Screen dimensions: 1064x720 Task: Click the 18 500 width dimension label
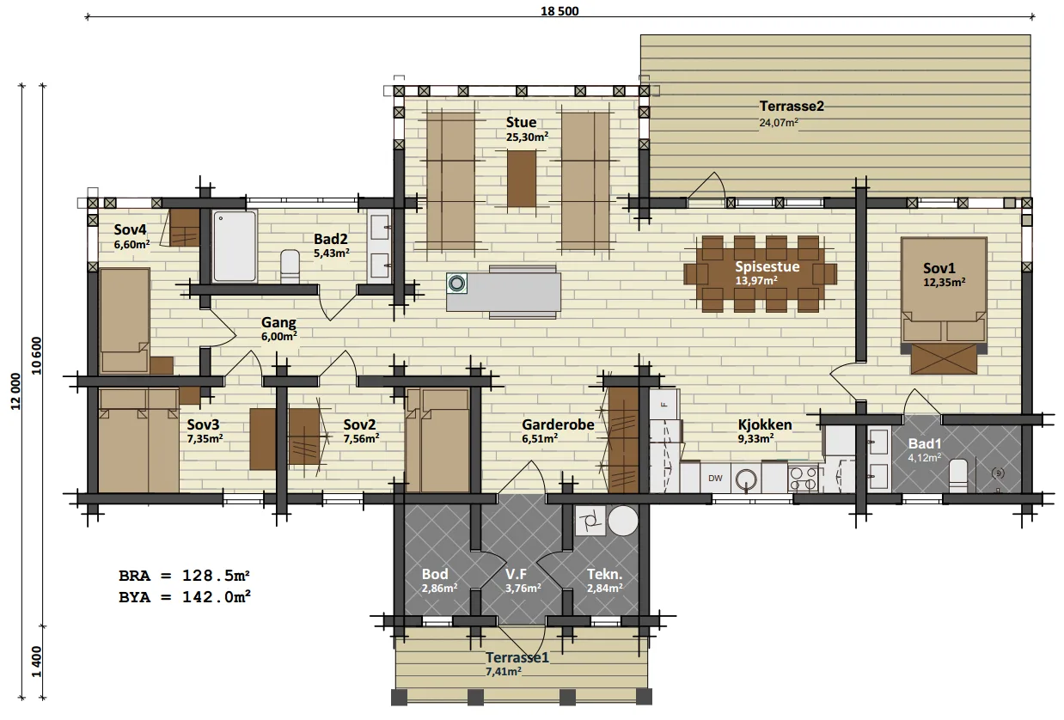pyautogui.click(x=560, y=11)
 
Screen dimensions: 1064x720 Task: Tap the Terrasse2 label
pyautogui.click(x=792, y=106)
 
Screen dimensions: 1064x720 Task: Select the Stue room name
pyautogui.click(x=521, y=122)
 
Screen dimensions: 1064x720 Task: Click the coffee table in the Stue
pyautogui.click(x=522, y=179)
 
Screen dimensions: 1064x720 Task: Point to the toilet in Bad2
pyautogui.click(x=290, y=266)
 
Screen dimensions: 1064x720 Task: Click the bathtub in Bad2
pyautogui.click(x=235, y=246)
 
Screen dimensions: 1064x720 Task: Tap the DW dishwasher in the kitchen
pyautogui.click(x=715, y=478)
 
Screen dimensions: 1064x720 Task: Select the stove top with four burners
pyautogui.click(x=803, y=479)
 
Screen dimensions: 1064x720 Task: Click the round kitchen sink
pyautogui.click(x=746, y=479)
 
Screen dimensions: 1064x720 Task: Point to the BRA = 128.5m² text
pyautogui.click(x=184, y=576)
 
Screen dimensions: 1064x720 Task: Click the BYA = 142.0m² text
pyautogui.click(x=184, y=597)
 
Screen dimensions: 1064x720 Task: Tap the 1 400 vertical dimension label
pyautogui.click(x=37, y=662)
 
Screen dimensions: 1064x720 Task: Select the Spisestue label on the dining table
pyautogui.click(x=767, y=266)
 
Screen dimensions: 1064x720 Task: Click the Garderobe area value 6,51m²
pyautogui.click(x=540, y=438)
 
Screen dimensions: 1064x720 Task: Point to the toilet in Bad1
pyautogui.click(x=957, y=476)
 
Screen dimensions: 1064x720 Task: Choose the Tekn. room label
pyautogui.click(x=604, y=574)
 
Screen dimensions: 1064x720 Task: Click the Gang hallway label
pyautogui.click(x=278, y=322)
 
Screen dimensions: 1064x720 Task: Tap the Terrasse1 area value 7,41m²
pyautogui.click(x=503, y=671)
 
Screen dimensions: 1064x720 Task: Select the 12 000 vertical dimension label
pyautogui.click(x=15, y=391)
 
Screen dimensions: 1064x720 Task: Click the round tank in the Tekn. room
pyautogui.click(x=623, y=521)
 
